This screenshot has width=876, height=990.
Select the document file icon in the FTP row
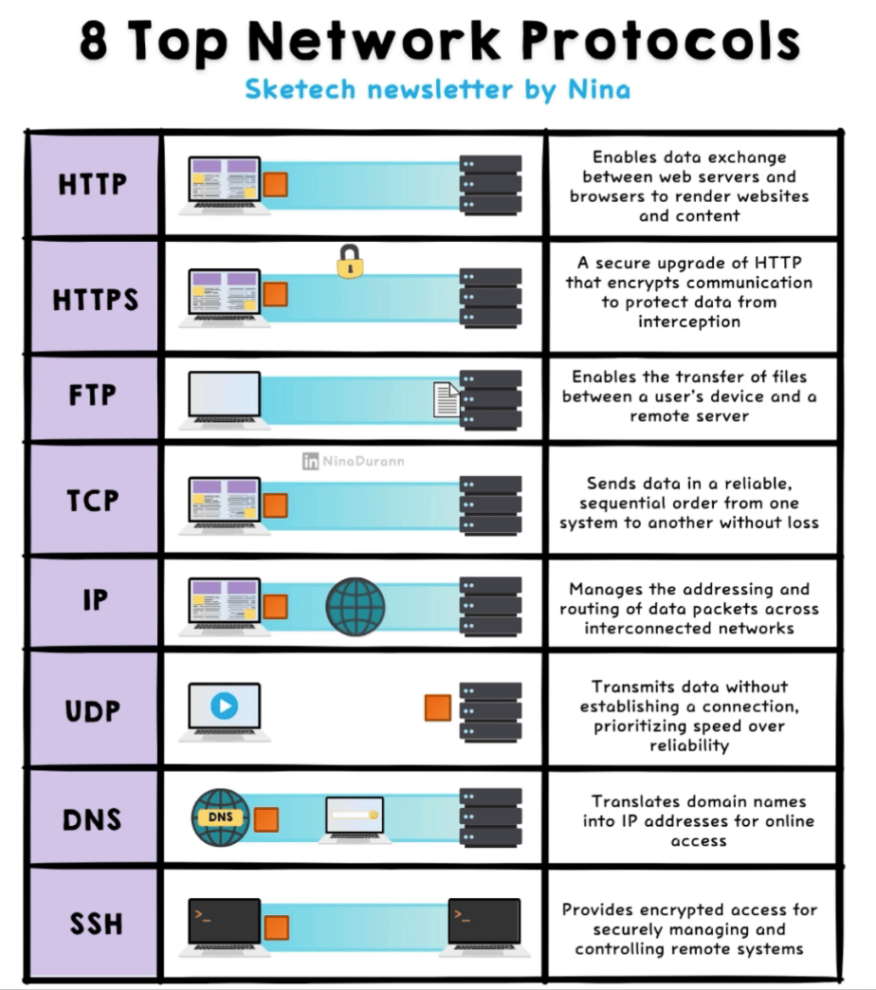point(447,398)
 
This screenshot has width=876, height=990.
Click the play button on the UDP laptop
point(224,706)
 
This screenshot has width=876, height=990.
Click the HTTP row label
point(92,184)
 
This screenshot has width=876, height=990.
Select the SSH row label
point(95,922)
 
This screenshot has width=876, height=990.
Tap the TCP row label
point(93,502)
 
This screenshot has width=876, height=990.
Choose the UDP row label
point(93,711)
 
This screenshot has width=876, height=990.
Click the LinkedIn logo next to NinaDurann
point(310,462)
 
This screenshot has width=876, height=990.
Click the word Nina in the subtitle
point(599,90)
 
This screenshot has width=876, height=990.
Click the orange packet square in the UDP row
point(437,707)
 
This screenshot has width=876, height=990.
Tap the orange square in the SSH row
point(276,926)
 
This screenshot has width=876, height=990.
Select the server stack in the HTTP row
point(490,184)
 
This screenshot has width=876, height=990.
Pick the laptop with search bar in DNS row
point(354,818)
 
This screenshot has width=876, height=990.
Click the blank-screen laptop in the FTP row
point(224,398)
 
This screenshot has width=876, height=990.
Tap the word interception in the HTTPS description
point(688,321)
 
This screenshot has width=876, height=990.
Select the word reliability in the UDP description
point(688,745)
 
